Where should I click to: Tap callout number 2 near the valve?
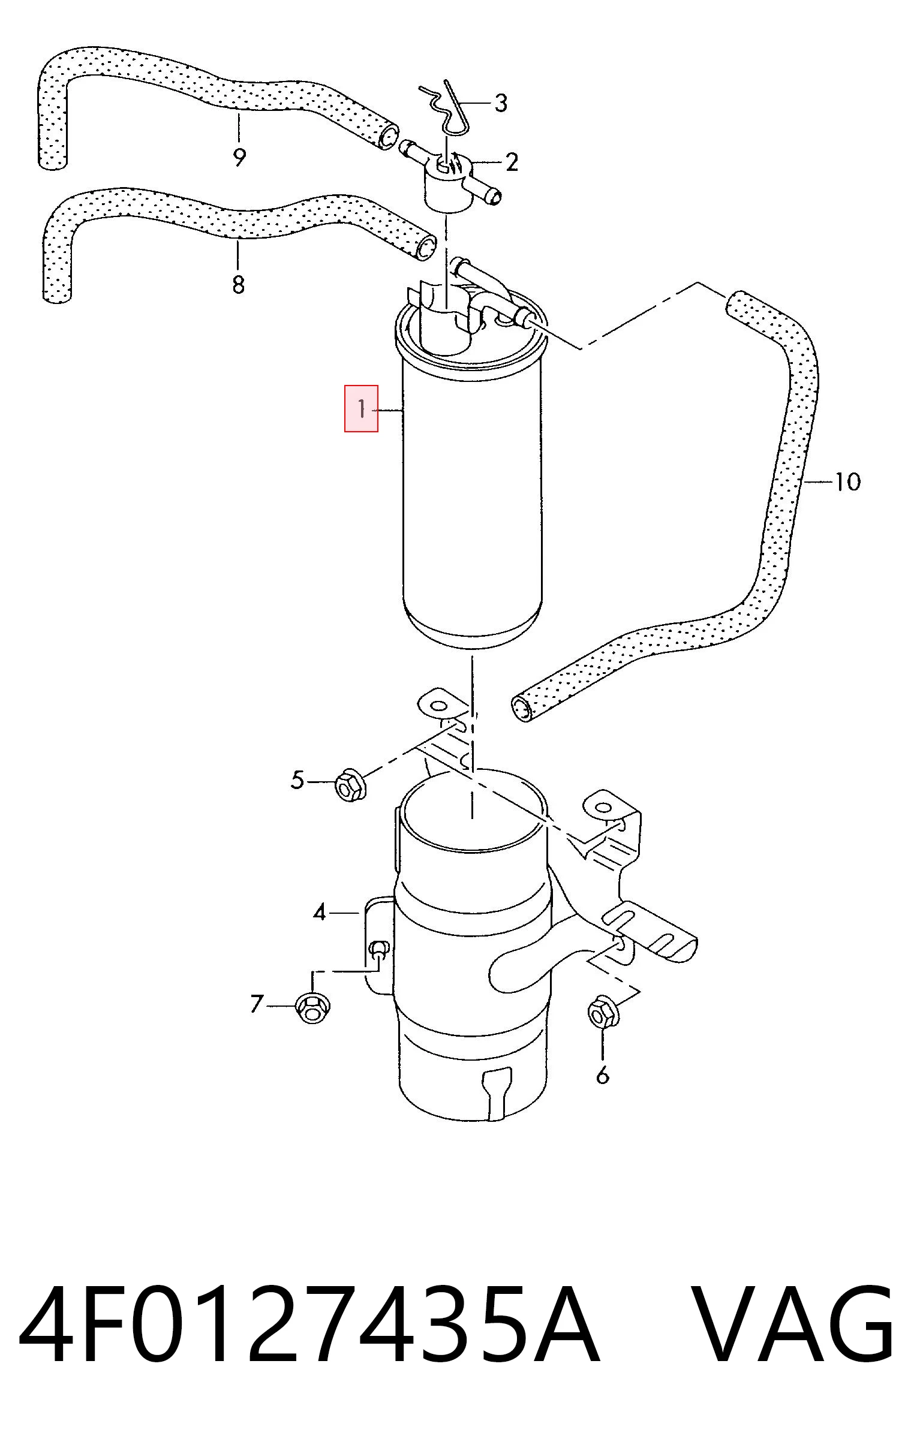point(512,162)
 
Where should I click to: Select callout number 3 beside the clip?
point(501,103)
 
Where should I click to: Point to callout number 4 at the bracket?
point(319,913)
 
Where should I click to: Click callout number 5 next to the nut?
point(297,780)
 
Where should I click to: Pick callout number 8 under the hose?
point(238,284)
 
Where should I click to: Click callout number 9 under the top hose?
point(239,158)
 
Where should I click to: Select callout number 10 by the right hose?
point(847,481)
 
